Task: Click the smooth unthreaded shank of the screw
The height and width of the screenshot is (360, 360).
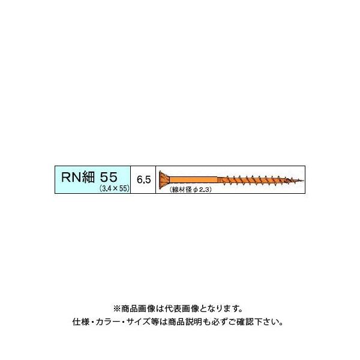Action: click(x=195, y=178)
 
